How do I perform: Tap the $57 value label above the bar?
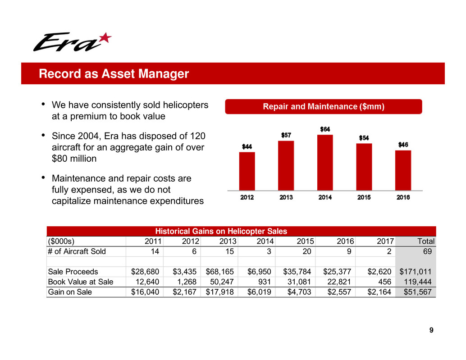click(286, 135)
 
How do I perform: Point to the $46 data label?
click(403, 144)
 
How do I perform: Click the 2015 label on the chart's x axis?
click(364, 197)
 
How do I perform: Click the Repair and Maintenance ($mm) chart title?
click(323, 107)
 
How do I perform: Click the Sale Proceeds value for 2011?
click(145, 272)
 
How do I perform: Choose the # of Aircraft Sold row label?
click(77, 251)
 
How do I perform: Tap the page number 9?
click(431, 331)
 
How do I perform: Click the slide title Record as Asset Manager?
click(114, 74)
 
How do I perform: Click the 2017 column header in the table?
click(384, 242)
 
